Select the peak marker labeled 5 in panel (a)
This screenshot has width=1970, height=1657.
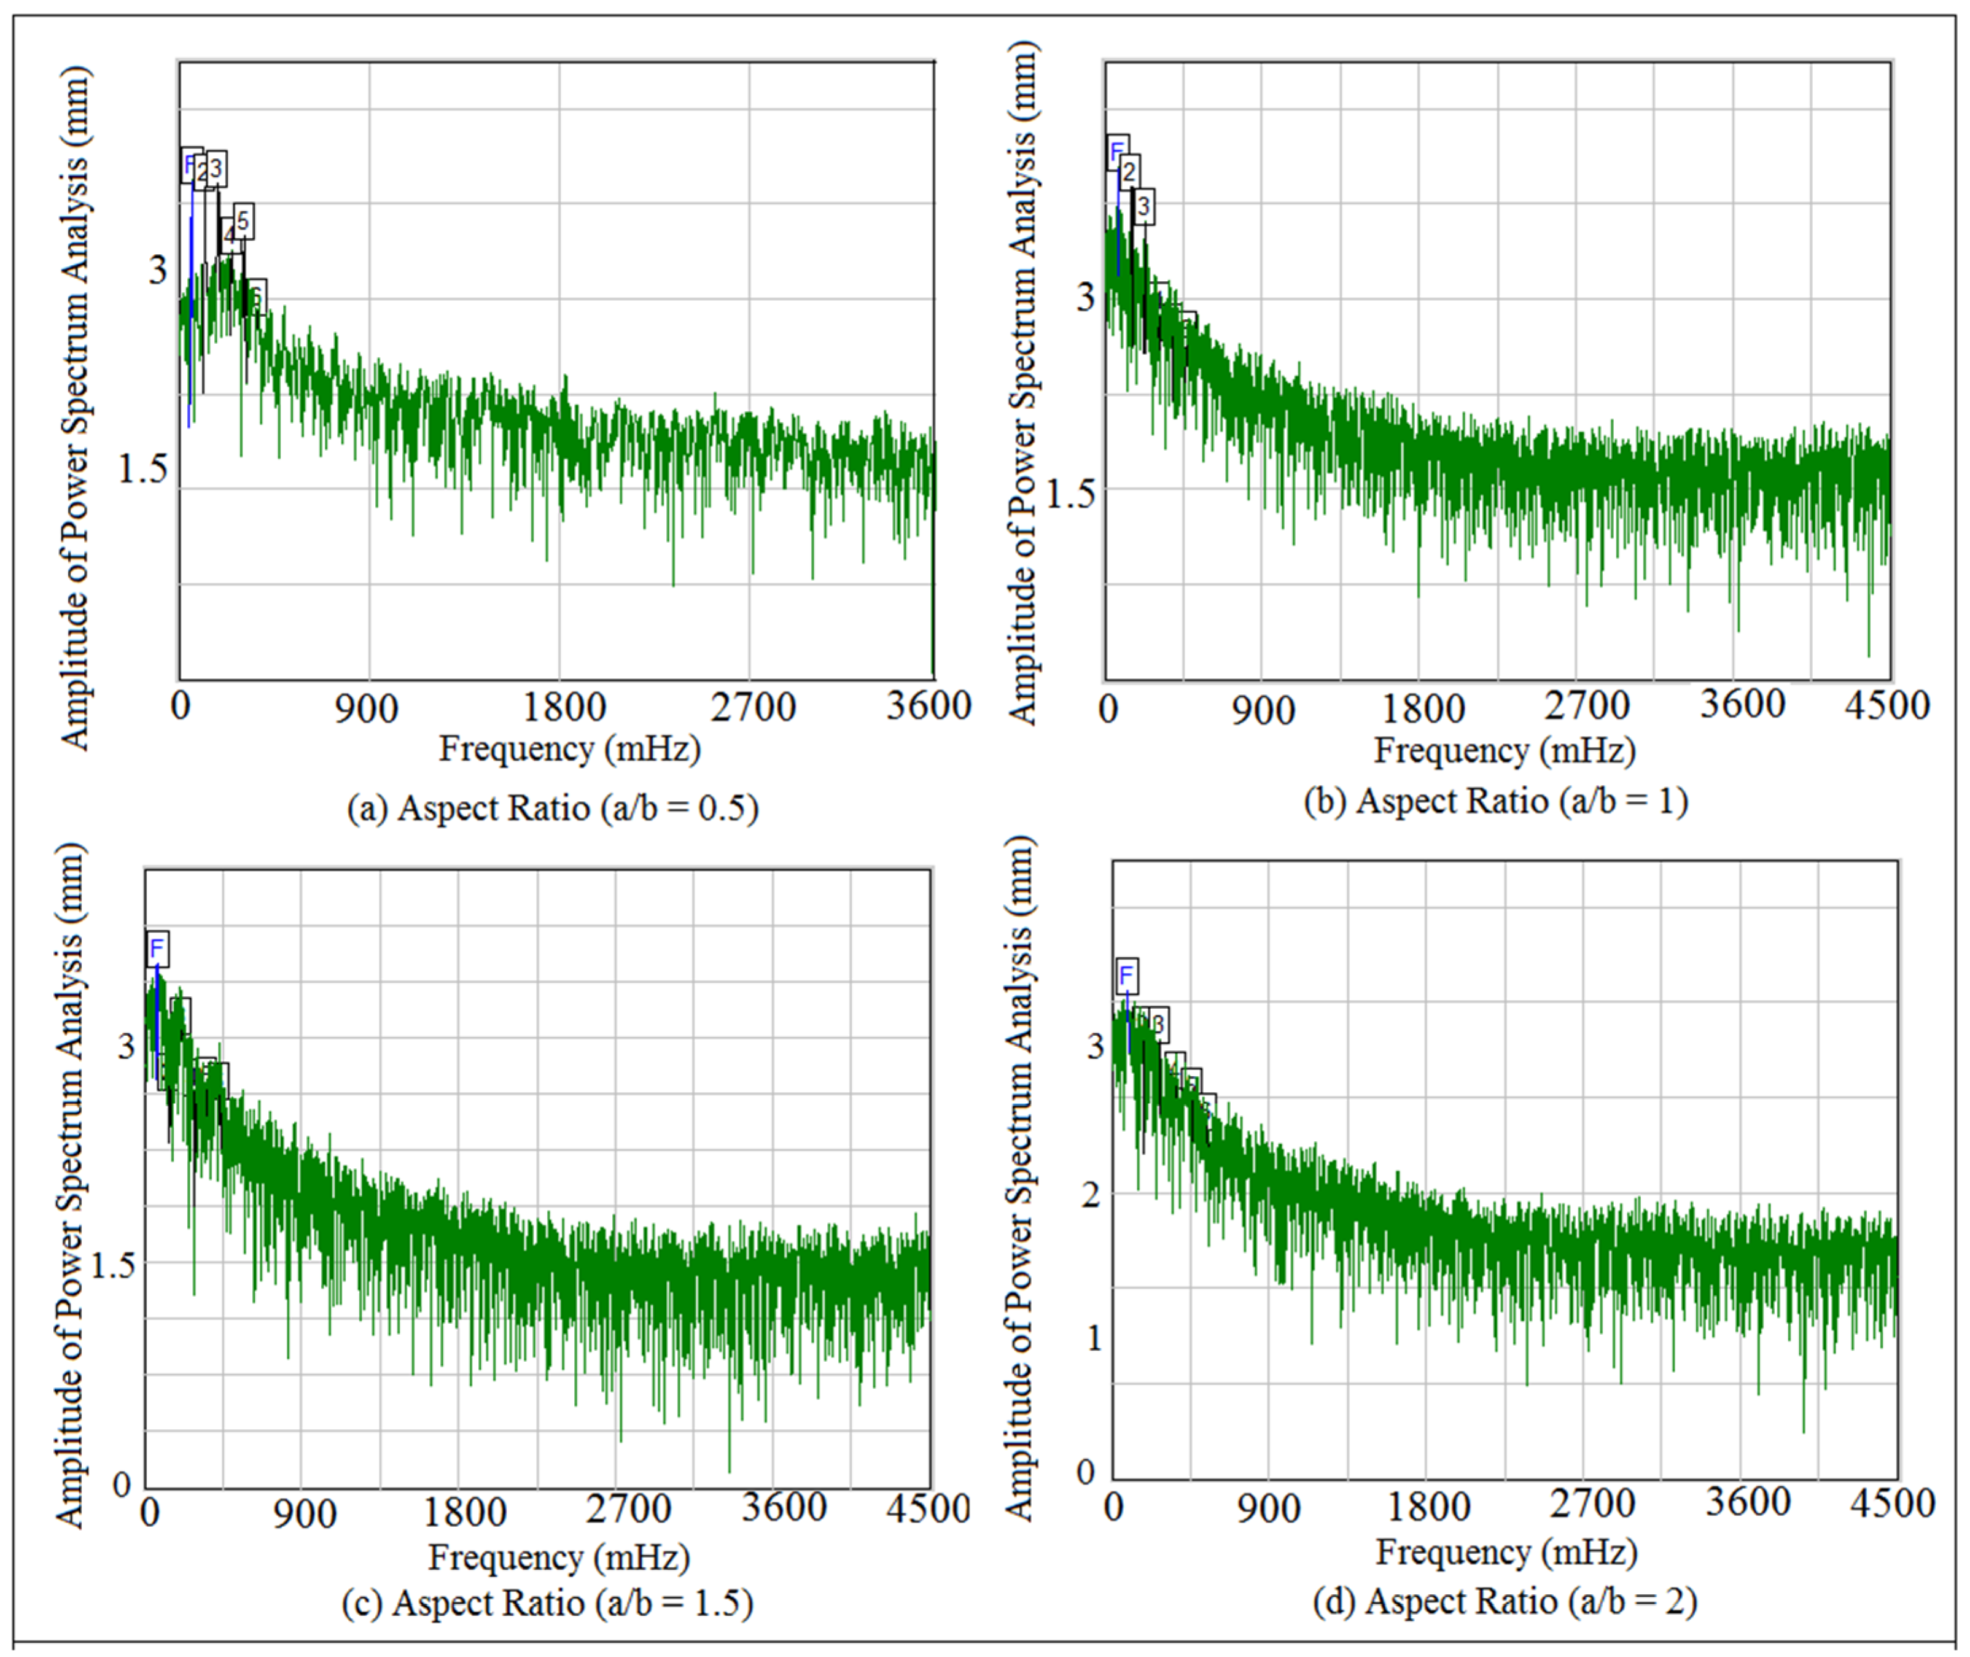coord(243,222)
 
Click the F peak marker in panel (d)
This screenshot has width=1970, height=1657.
coord(1126,976)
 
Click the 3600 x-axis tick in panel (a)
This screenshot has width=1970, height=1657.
coord(928,705)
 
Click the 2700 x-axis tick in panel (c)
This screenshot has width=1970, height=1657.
coord(628,1508)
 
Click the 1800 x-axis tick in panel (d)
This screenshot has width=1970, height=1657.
coord(1428,1507)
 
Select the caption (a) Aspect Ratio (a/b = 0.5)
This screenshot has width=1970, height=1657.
coord(553,808)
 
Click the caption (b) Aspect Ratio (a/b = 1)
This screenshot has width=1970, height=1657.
coord(1495,801)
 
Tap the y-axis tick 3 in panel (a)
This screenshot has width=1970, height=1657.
coord(157,271)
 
